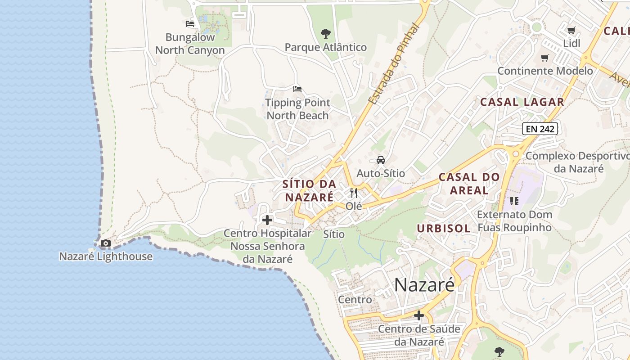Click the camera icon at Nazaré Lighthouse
point(106,243)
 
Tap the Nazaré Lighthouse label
point(106,256)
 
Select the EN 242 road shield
point(540,129)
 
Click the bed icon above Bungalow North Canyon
point(190,24)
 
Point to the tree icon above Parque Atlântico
point(325,33)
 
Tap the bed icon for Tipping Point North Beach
point(297,89)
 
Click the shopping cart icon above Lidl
point(571,31)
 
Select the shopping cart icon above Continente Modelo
point(545,58)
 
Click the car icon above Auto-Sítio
point(381,160)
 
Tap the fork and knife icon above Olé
point(354,193)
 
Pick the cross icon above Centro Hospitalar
point(267,220)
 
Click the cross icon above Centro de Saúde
point(419,315)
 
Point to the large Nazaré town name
point(424,284)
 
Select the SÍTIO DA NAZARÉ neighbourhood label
point(310,190)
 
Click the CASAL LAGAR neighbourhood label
point(522,102)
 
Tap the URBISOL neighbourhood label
point(444,229)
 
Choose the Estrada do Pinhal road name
point(393,64)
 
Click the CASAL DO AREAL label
point(469,184)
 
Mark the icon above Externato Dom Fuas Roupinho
point(514,201)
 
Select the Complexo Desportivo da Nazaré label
point(578,162)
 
